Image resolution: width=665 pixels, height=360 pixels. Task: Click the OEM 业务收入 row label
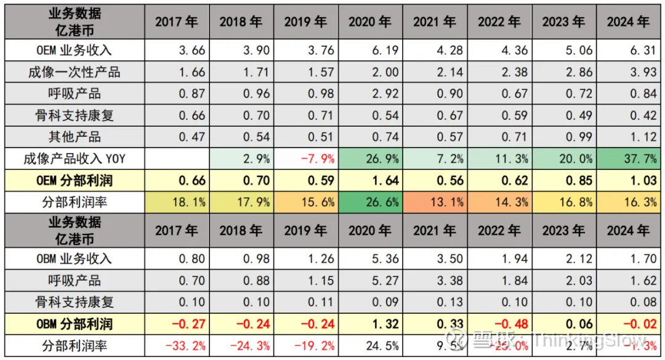point(74,50)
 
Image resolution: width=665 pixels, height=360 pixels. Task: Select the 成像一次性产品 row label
point(74,72)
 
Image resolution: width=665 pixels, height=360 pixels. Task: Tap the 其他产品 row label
point(74,137)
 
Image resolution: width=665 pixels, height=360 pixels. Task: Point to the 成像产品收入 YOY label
point(74,159)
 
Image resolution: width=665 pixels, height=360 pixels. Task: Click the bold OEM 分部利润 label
point(74,180)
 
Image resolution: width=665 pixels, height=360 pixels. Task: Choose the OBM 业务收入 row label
point(74,258)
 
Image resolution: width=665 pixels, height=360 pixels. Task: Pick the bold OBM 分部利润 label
point(74,324)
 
